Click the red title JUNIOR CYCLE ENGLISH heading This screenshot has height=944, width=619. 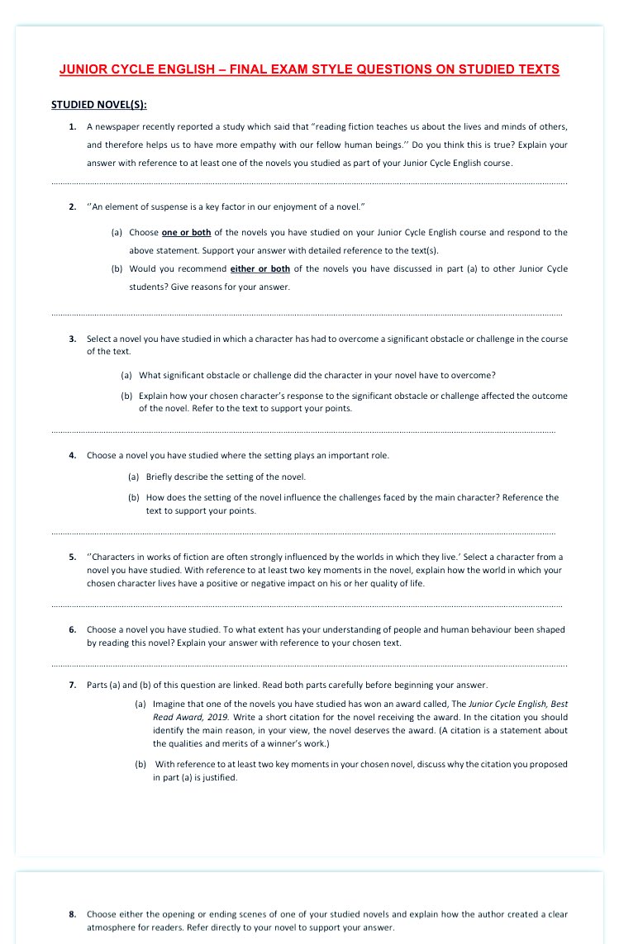[309, 69]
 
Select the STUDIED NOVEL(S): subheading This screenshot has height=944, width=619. [99, 105]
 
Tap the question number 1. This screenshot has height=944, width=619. [73, 126]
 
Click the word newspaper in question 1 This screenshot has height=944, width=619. [117, 126]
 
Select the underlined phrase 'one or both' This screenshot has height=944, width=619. [186, 233]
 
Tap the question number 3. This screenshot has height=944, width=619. [73, 339]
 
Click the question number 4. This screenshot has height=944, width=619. [73, 455]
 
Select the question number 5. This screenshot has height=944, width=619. [73, 557]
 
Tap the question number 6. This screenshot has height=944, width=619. [73, 629]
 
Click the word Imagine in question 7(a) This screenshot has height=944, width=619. [169, 704]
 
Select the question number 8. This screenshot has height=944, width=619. [73, 914]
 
